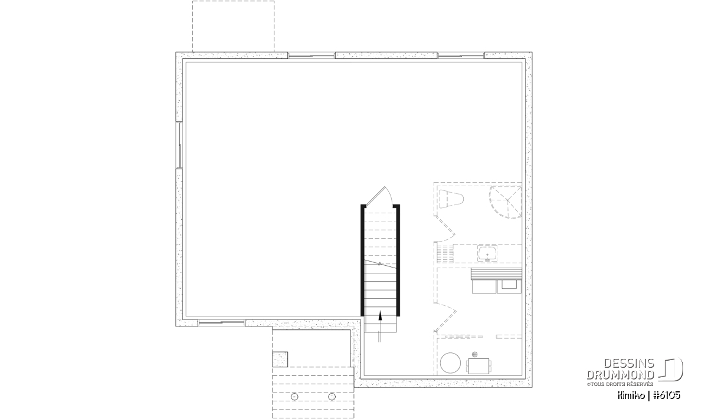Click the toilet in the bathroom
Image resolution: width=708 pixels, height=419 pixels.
[x=451, y=199]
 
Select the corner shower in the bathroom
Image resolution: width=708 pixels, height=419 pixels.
[x=506, y=202]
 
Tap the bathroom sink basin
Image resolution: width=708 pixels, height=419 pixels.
[x=487, y=253]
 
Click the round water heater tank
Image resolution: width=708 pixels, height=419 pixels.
[x=450, y=363]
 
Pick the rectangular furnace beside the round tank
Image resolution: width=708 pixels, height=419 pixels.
[x=479, y=366]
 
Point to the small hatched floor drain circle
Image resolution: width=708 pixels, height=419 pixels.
[x=475, y=354]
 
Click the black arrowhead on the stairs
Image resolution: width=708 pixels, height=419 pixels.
[x=380, y=316]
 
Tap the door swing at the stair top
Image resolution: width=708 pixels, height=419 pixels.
[x=379, y=196]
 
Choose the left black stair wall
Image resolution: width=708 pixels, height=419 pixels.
[x=363, y=260]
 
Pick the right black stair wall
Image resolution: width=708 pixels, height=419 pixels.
[x=398, y=260]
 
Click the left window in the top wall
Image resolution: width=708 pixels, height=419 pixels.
[x=312, y=56]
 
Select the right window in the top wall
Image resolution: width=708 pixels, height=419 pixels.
[x=461, y=56]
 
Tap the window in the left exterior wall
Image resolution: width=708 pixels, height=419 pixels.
[x=179, y=145]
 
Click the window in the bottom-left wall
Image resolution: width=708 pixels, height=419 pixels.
[x=222, y=323]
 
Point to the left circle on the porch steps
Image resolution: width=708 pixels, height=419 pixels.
[x=294, y=397]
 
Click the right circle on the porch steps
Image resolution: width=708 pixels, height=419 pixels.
[x=332, y=397]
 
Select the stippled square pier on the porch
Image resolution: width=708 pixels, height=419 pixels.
[x=280, y=359]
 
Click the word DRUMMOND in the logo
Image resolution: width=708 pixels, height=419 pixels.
[x=620, y=375]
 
